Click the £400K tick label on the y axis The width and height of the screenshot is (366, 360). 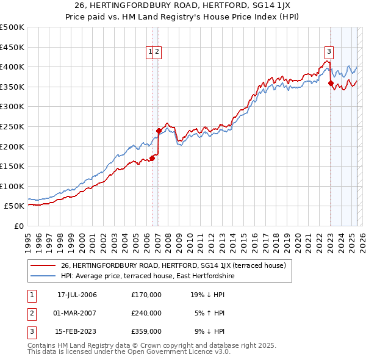point(12,67)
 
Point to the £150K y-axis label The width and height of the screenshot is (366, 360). point(12,166)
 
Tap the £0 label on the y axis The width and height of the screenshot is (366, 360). point(18,226)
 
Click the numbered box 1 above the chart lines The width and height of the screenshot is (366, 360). point(149,52)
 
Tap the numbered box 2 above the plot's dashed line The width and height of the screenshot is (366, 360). point(157,52)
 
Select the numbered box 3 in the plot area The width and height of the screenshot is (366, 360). point(329,52)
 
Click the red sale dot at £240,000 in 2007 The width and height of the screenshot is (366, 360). point(159,131)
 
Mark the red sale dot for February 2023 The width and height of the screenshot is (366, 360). point(331,83)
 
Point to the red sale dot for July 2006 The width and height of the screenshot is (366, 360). point(152,158)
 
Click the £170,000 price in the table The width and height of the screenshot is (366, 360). point(146,294)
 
